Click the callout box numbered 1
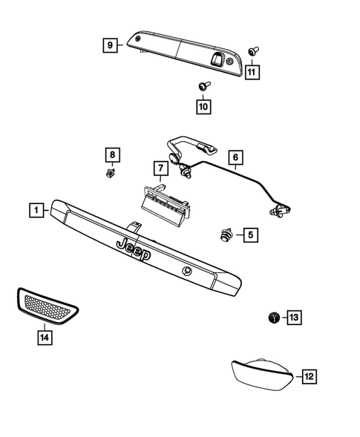[x=36, y=210]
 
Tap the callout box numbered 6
[x=235, y=157]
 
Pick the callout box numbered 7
[x=158, y=168]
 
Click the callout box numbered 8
[x=111, y=155]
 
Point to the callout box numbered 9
[x=109, y=45]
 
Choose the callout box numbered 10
[x=203, y=107]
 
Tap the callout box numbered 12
[x=309, y=377]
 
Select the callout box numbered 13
[x=294, y=318]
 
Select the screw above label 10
[x=203, y=88]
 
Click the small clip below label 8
[x=111, y=174]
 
